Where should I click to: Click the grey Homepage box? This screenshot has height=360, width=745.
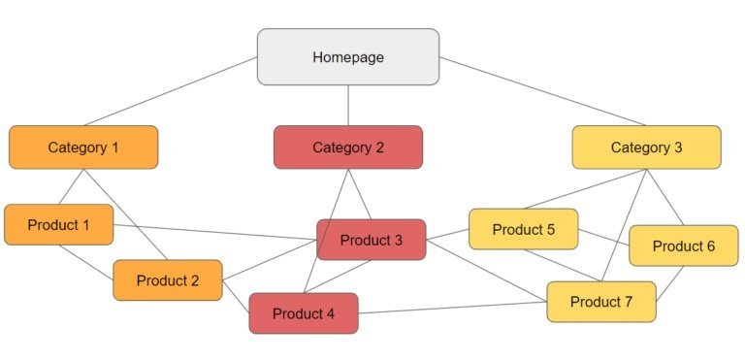point(347,56)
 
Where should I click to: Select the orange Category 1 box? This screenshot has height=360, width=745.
point(83,147)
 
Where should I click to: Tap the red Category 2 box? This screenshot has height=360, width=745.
point(347,147)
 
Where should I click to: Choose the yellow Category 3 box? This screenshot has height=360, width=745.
point(646,147)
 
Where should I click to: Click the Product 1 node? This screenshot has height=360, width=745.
point(58,225)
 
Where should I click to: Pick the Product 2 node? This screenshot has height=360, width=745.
point(167,280)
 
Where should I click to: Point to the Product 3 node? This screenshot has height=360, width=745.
point(371,240)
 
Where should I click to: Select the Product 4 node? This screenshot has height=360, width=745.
point(303,313)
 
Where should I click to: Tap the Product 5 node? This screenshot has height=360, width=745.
point(523,230)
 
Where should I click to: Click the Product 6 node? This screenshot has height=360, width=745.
point(683,245)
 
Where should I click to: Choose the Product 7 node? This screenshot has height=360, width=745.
point(600,302)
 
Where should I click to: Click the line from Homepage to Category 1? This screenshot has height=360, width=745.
point(170,91)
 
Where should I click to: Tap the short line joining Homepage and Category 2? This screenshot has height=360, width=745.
point(347,105)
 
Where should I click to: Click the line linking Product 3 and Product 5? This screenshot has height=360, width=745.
point(447,234)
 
